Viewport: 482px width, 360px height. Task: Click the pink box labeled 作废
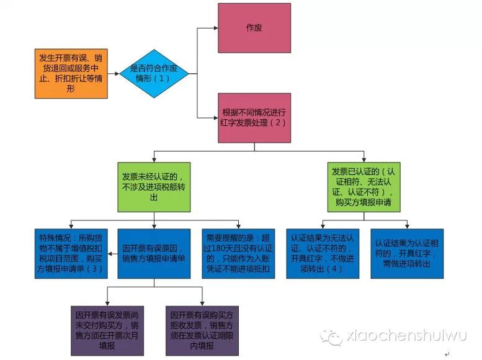click(254, 28)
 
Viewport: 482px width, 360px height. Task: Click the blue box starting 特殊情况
click(70, 253)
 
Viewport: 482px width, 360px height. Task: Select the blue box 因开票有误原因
click(154, 253)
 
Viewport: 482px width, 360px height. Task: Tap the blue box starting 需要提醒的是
click(238, 253)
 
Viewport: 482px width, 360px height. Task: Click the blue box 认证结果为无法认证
click(322, 253)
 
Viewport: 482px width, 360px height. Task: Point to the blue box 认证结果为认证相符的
click(407, 253)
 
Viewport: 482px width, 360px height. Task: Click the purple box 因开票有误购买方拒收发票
click(202, 330)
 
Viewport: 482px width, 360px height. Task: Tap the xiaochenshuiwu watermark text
click(406, 335)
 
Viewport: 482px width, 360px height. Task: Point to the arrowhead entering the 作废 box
click(214, 28)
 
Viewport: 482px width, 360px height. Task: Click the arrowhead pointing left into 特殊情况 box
click(109, 253)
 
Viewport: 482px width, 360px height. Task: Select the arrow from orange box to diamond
click(112, 74)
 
